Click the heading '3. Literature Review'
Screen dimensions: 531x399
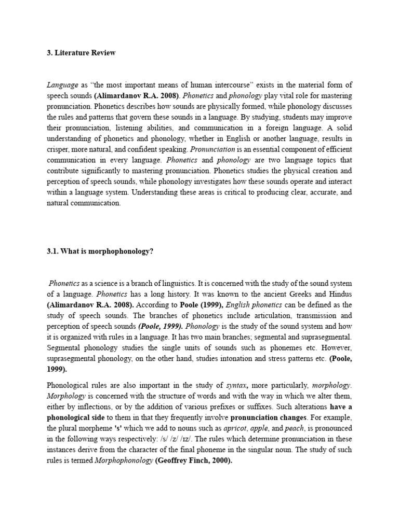pyautogui.click(x=81, y=53)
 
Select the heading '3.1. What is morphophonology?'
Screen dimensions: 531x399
pyautogui.click(x=100, y=251)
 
